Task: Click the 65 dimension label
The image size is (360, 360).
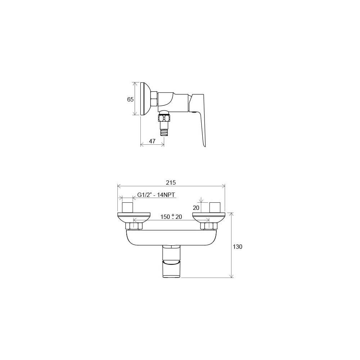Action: coord(130,99)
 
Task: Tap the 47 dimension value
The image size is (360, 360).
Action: coord(152,141)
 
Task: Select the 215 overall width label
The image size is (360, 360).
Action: coord(171,183)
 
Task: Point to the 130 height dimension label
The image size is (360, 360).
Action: coord(237,247)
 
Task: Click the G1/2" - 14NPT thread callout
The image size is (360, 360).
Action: coord(156,195)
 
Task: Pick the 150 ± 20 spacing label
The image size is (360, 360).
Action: coord(171,216)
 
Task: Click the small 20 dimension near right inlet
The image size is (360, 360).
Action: coord(196,208)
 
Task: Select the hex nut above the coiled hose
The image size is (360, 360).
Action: coord(164,118)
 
